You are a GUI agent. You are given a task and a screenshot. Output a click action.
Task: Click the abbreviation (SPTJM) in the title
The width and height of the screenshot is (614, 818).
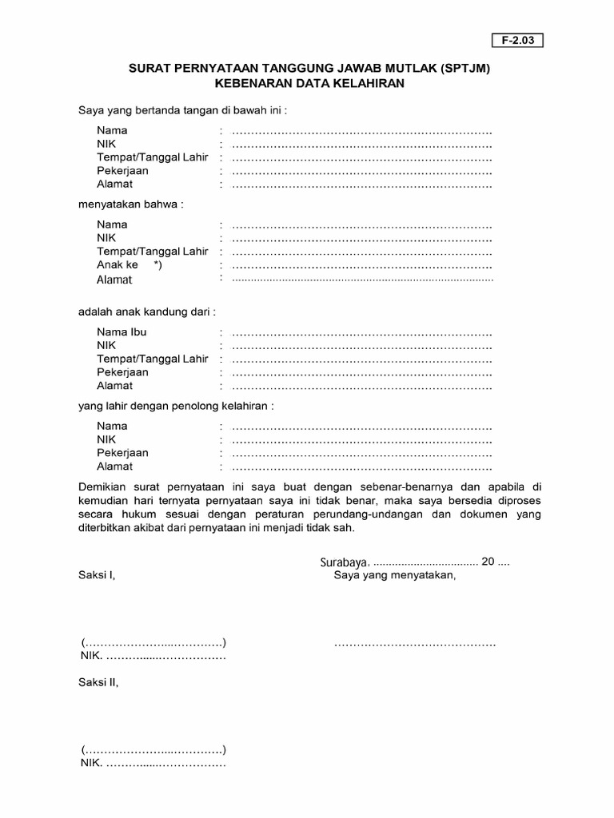(464, 69)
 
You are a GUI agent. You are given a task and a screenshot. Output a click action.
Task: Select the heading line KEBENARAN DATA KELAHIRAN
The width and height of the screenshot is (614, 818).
(309, 84)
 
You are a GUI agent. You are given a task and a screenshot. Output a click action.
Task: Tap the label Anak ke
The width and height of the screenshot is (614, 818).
(118, 264)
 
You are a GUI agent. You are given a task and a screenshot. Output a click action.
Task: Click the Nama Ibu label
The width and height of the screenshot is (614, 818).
(122, 332)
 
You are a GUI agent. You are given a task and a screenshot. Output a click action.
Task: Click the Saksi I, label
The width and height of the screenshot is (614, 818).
(97, 575)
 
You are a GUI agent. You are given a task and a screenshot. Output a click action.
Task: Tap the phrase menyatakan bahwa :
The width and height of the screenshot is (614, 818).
(130, 204)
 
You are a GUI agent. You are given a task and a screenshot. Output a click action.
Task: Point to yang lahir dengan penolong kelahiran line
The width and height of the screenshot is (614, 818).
(176, 405)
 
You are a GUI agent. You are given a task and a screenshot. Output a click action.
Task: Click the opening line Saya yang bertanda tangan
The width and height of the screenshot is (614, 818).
(182, 109)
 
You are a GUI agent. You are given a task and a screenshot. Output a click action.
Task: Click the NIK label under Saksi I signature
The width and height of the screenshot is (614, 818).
(90, 656)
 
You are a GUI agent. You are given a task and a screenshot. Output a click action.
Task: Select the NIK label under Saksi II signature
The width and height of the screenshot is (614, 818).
(90, 763)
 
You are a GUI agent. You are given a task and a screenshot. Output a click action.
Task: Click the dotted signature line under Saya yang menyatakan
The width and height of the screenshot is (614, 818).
(414, 643)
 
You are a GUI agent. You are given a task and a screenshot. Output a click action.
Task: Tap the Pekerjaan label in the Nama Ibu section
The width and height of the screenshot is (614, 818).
(122, 372)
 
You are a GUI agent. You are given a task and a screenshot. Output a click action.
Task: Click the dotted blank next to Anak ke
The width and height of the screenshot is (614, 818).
(361, 265)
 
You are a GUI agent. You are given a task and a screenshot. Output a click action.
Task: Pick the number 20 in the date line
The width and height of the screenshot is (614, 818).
(488, 562)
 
